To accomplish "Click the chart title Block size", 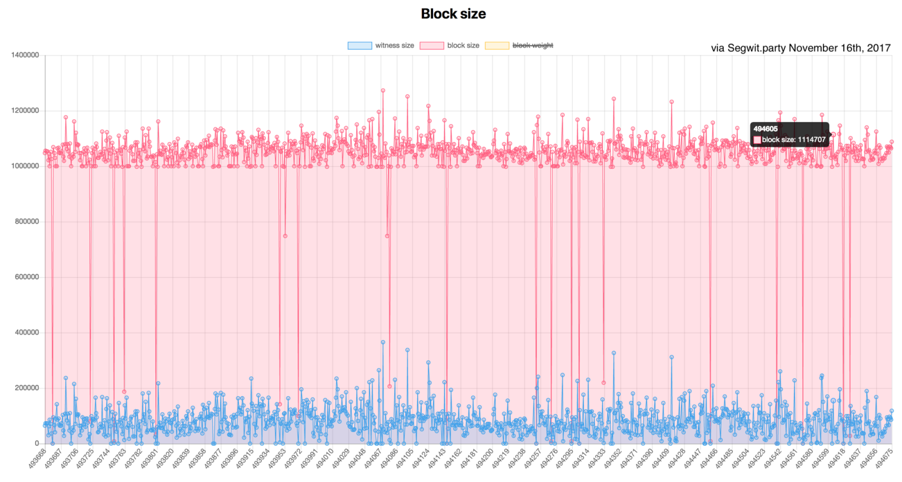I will click(x=453, y=14).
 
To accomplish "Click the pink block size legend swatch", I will click(x=431, y=46).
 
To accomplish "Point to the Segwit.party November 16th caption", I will click(x=801, y=48).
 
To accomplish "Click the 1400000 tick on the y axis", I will click(x=25, y=55).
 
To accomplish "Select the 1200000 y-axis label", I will click(x=25, y=111).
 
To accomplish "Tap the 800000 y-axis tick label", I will click(x=26, y=222).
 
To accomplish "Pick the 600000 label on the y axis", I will click(x=26, y=277).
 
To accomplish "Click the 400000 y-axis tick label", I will click(x=26, y=332).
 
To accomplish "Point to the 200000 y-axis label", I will click(x=26, y=388).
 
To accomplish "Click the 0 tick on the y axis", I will click(x=37, y=444).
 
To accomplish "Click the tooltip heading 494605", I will click(x=766, y=129).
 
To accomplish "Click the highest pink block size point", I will click(x=383, y=90).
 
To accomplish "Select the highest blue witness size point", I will click(x=383, y=342).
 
